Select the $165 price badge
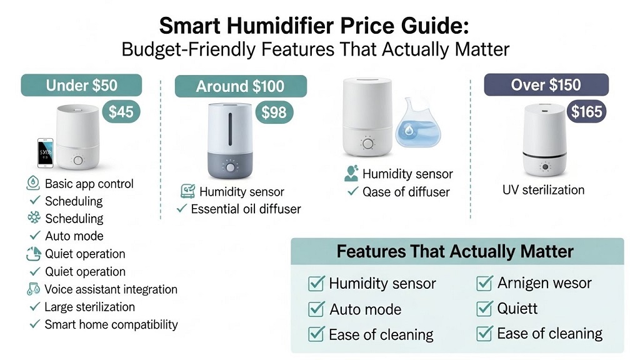pos(587,112)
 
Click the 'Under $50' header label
pos(81,85)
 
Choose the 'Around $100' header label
pos(240,86)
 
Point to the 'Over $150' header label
pos(546,85)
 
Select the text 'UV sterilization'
pos(543,190)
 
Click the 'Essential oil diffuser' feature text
pos(246,209)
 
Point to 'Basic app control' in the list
pos(89,184)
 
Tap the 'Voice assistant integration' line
pos(111,289)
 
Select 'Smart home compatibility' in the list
pos(111,324)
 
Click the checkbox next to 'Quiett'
pos(484,309)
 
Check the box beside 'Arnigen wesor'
pos(484,284)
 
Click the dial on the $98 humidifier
pos(231,167)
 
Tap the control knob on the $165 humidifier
pos(546,167)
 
